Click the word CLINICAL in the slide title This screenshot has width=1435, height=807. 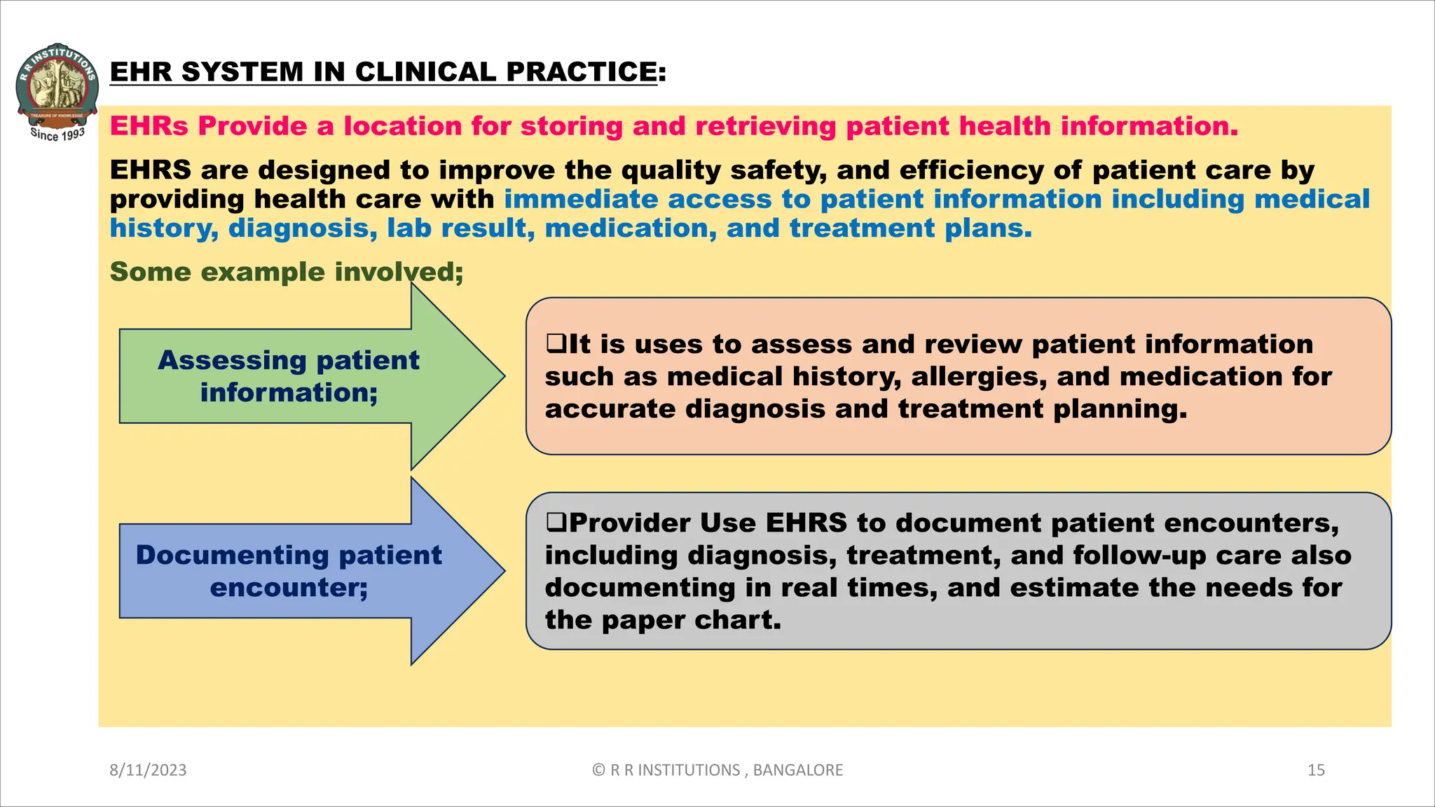[x=430, y=71]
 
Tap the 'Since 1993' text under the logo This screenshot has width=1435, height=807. [x=57, y=134]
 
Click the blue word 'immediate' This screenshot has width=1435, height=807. [x=581, y=199]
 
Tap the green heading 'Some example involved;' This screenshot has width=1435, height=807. [x=286, y=272]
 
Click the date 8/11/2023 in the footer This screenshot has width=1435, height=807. [x=148, y=770]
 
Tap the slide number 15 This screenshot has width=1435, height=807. [x=1316, y=770]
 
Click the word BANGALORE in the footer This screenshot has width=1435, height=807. [x=797, y=770]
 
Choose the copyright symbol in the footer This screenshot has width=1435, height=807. [x=598, y=770]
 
